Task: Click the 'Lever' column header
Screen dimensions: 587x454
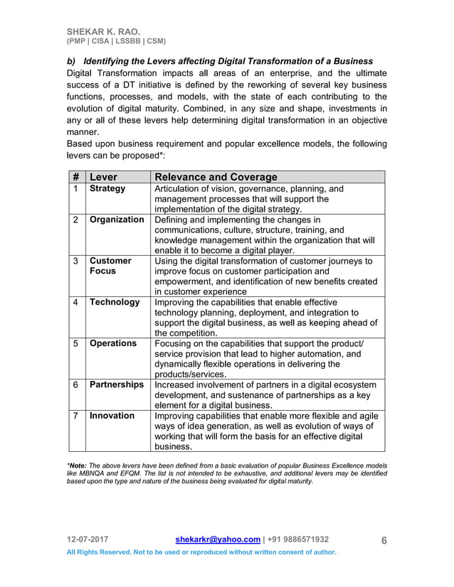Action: tap(104, 177)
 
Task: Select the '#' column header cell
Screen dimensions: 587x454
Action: tap(76, 177)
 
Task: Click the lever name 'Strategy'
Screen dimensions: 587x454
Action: tap(107, 189)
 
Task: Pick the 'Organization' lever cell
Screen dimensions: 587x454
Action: tap(117, 220)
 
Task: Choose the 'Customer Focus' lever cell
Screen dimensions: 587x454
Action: tap(110, 266)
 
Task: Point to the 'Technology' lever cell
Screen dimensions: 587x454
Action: tap(115, 302)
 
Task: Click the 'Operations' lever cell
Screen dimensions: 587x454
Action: tap(113, 343)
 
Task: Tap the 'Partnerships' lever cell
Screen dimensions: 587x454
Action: tap(117, 384)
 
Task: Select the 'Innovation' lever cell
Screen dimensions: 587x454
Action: tap(112, 416)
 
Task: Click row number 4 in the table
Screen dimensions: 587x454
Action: tap(76, 302)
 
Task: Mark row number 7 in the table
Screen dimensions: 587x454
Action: tap(76, 416)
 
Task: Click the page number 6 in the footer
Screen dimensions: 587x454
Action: tap(384, 540)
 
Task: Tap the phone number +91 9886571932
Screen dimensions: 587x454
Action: tap(298, 539)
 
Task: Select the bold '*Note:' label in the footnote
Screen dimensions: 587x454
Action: tap(79, 465)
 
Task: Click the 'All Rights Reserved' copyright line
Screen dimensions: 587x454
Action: tap(201, 552)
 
